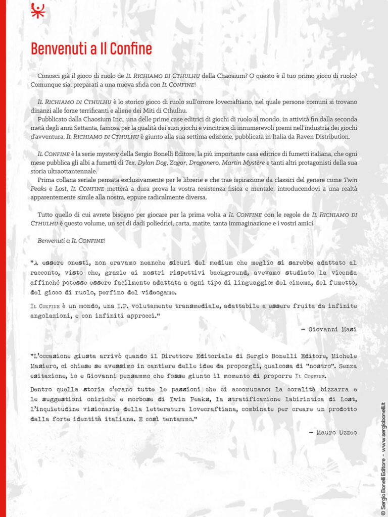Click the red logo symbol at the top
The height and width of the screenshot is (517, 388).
(x=38, y=10)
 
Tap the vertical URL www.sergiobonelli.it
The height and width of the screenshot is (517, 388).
(x=382, y=424)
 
